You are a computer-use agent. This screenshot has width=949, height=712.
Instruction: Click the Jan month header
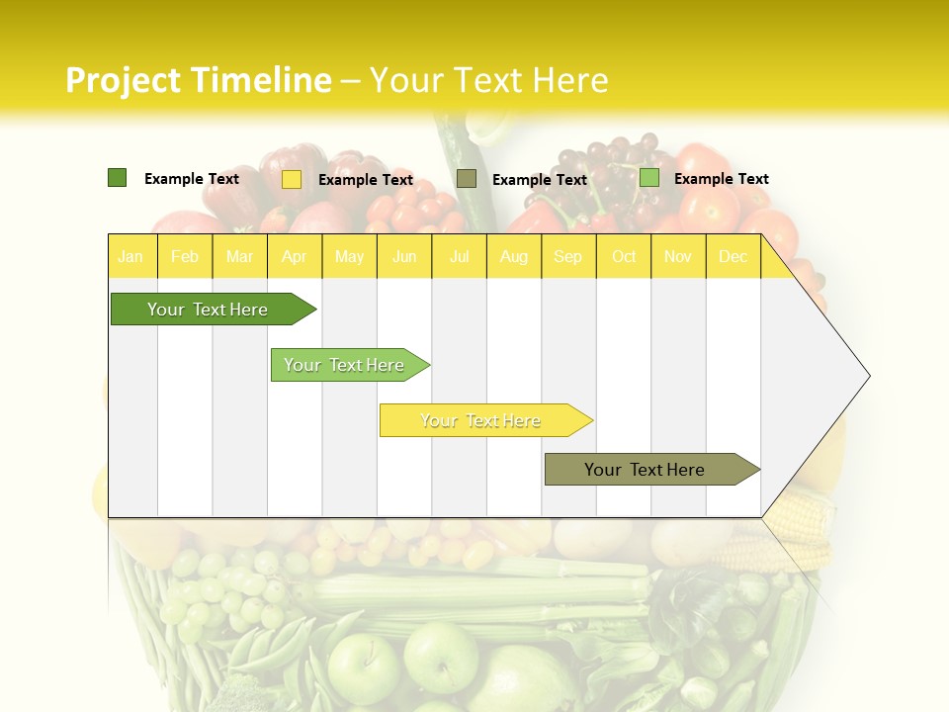click(x=130, y=256)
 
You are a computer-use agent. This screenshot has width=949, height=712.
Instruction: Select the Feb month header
click(x=185, y=256)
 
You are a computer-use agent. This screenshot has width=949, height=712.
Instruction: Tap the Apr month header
click(x=295, y=256)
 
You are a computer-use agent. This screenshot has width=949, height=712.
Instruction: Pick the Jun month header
click(x=404, y=256)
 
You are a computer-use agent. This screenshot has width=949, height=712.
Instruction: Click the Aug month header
click(x=514, y=256)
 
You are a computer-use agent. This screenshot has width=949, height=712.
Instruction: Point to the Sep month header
click(x=568, y=256)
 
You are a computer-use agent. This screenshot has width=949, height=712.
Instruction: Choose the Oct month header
click(x=624, y=256)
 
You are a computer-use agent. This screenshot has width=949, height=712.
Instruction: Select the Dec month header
click(x=733, y=256)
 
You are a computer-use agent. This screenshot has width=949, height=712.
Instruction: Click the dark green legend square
click(x=118, y=178)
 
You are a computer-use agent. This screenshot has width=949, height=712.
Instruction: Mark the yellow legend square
click(x=292, y=179)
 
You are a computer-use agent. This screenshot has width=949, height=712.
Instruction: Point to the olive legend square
click(x=467, y=178)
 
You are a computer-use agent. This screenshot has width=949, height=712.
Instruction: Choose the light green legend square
click(x=649, y=178)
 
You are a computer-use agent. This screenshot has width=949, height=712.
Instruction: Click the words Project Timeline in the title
click(x=198, y=80)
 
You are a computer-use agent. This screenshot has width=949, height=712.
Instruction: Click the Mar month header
click(x=239, y=256)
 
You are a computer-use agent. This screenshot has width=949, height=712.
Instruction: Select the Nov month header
click(x=678, y=256)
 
